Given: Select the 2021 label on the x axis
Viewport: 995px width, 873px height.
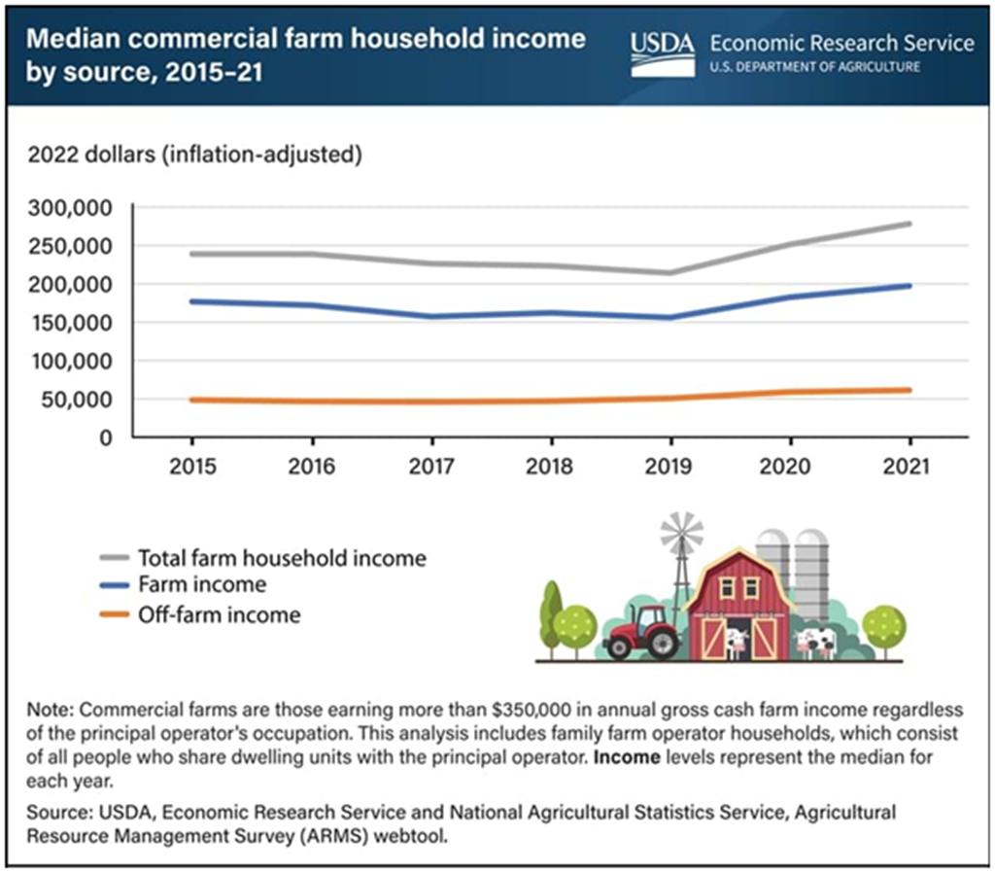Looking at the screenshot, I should tap(909, 467).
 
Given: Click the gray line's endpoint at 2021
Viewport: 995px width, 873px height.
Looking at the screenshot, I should tap(909, 224).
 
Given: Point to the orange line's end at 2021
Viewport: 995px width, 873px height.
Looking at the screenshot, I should tap(909, 391).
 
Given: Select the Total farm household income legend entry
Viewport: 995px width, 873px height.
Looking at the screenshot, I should tap(282, 558).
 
